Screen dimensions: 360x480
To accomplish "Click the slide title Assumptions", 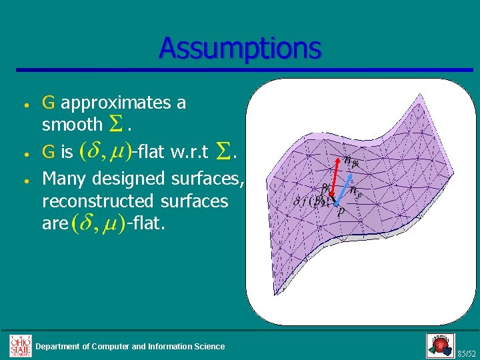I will pyautogui.click(x=240, y=49).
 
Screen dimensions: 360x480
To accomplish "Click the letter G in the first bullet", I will pyautogui.click(x=48, y=103).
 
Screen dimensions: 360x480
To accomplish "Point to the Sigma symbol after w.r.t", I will pyautogui.click(x=221, y=153).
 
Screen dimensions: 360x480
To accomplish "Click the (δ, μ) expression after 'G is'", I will pyautogui.click(x=104, y=153).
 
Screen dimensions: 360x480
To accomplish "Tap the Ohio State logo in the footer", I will pyautogui.click(x=20, y=345).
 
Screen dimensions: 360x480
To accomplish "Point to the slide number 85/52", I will pyautogui.click(x=467, y=352).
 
